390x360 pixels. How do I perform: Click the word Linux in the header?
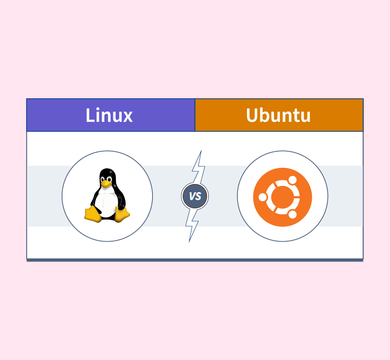click(x=109, y=115)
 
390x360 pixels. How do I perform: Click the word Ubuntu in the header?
click(x=278, y=115)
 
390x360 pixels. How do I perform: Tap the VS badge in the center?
click(x=195, y=196)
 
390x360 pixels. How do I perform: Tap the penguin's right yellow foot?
click(x=121, y=215)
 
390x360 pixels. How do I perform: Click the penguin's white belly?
click(x=107, y=200)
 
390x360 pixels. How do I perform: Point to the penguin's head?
click(x=107, y=175)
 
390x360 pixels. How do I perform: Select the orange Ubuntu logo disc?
click(x=282, y=196)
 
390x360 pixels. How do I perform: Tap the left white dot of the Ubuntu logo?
click(x=263, y=197)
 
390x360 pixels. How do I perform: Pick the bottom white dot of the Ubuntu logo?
click(x=292, y=214)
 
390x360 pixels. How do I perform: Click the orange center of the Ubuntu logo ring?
click(x=283, y=197)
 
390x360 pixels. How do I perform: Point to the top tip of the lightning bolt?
click(x=201, y=151)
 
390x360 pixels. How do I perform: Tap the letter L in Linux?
click(x=90, y=115)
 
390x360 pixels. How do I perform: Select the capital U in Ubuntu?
click(x=252, y=115)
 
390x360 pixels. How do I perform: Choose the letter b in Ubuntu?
click(x=267, y=115)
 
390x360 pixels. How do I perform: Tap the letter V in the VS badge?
click(x=192, y=197)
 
